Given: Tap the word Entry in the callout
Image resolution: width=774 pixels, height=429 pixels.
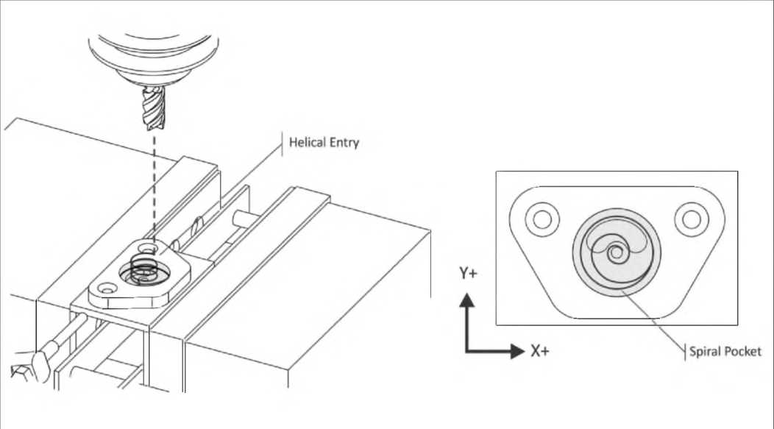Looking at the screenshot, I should click(343, 143).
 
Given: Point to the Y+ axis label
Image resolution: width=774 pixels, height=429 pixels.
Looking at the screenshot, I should click(468, 274).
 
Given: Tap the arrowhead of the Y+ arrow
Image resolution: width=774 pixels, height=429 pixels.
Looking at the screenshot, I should click(467, 300).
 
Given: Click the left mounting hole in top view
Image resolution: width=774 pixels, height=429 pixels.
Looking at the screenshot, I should click(542, 219).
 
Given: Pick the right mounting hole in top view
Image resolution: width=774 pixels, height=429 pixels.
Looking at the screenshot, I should click(691, 219).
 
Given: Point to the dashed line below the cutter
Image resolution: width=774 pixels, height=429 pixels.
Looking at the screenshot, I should click(153, 184).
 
